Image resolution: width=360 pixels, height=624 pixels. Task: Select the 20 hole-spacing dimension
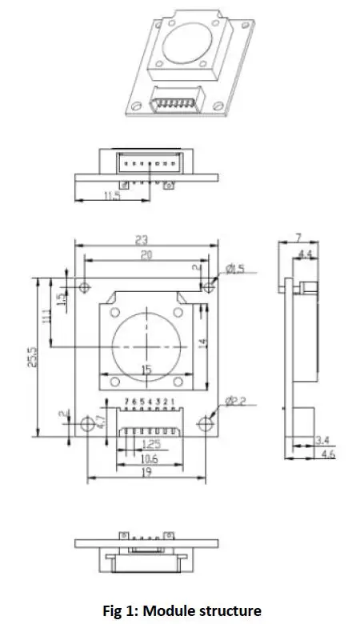coord(145,255)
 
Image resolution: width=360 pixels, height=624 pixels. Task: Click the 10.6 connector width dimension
coord(147,458)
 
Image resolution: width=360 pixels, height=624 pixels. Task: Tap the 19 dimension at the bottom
coord(147,474)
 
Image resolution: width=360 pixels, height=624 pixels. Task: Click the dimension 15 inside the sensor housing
coord(146,370)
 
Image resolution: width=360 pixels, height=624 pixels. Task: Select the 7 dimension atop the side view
coord(298,237)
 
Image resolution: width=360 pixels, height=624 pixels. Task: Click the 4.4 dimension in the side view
coord(305,254)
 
